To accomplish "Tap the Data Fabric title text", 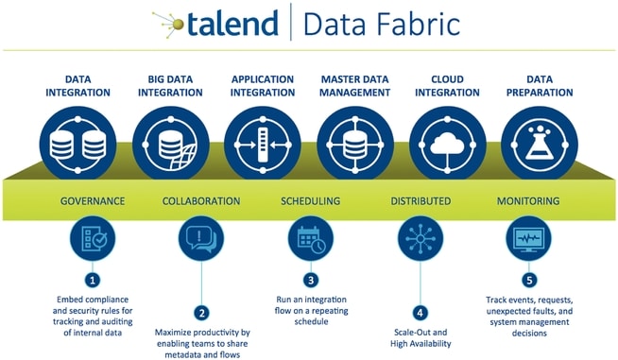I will [383, 23].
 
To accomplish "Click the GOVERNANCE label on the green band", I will [93, 201].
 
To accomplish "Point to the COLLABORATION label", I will [201, 201].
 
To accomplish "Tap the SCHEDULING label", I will [311, 201].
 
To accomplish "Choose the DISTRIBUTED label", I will [421, 201].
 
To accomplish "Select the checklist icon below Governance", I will [93, 238].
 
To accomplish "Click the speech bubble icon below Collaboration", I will [200, 238].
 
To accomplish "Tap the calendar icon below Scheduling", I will [310, 238].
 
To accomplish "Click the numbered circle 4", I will [420, 312].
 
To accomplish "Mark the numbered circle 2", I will [200, 312].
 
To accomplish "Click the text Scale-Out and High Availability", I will [420, 338].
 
